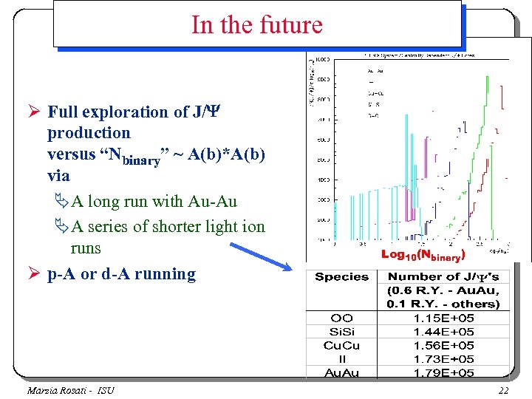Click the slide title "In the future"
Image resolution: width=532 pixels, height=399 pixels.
[x=257, y=25]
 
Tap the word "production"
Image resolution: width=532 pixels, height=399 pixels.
[x=89, y=134]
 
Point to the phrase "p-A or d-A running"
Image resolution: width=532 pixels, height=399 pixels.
[x=121, y=274]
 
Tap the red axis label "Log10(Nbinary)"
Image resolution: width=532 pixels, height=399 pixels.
[x=422, y=255]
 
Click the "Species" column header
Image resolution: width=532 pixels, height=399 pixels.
[x=341, y=277]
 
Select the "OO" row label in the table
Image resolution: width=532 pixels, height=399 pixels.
[x=341, y=318]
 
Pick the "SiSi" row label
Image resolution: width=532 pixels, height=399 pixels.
[x=341, y=332]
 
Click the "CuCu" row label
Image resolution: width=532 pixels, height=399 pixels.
[x=341, y=346]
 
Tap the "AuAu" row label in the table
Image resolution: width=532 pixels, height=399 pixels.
[x=341, y=373]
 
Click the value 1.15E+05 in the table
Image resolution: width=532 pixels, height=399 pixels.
[x=444, y=318]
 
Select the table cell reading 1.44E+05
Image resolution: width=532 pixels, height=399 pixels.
[x=444, y=332]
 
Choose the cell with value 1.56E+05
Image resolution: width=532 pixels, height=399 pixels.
[x=444, y=346]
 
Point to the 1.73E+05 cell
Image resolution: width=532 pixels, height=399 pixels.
[x=444, y=359]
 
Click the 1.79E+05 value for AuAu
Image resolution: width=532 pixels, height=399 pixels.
[x=444, y=373]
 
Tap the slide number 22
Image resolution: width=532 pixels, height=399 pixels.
[x=504, y=390]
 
